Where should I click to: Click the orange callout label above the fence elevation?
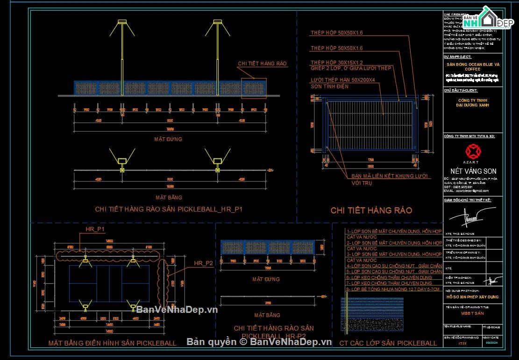coord(262,64)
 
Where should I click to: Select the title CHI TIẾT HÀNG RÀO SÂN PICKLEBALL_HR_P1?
coord(169,209)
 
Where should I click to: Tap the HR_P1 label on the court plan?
coord(95,229)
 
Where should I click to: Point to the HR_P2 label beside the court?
coord(203,263)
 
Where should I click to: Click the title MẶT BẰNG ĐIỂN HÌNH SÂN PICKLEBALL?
coord(113,343)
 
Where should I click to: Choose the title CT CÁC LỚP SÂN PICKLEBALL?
coord(388,343)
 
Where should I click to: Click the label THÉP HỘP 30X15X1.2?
coord(337,63)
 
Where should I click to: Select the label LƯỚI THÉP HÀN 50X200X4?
coord(342,80)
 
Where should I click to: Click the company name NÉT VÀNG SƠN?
coord(473,171)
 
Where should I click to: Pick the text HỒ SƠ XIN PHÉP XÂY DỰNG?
coord(472,297)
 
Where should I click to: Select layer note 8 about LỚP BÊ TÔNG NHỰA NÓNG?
coord(393,289)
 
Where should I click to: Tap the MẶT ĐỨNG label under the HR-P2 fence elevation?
coord(266,279)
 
